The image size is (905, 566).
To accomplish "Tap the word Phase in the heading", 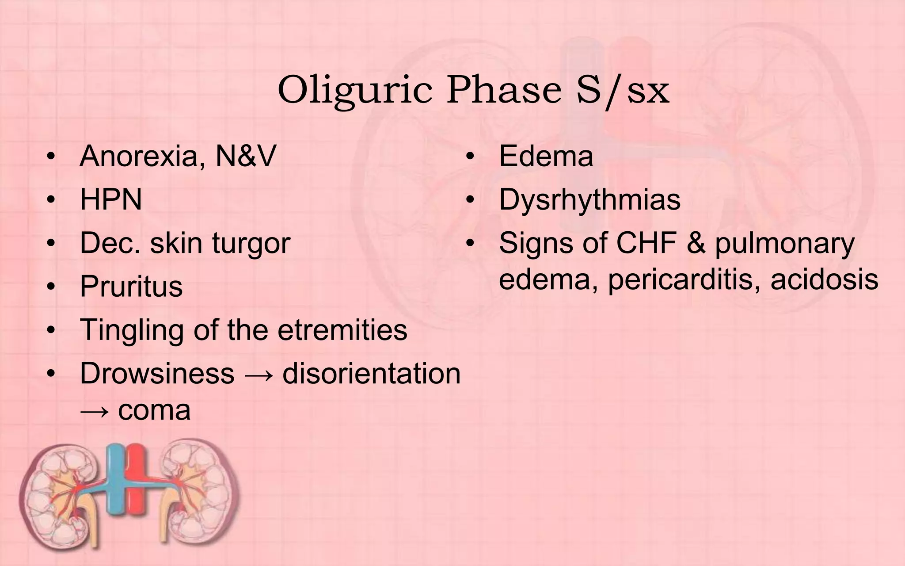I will tap(504, 90).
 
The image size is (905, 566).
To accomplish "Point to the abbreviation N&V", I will tap(246, 156).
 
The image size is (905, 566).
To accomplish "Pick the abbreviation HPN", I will tap(111, 199).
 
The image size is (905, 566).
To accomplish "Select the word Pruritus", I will tap(131, 286).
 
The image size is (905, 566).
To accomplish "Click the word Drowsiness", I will tap(157, 373).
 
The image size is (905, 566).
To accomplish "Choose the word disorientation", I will tap(371, 373).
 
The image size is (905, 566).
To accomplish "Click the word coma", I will tap(154, 410).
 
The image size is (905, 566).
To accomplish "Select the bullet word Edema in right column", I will tap(546, 156).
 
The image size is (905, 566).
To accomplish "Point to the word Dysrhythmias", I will tap(589, 199).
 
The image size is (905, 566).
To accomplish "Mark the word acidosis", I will tap(824, 279).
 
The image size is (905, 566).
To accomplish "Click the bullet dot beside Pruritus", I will tap(51, 287).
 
